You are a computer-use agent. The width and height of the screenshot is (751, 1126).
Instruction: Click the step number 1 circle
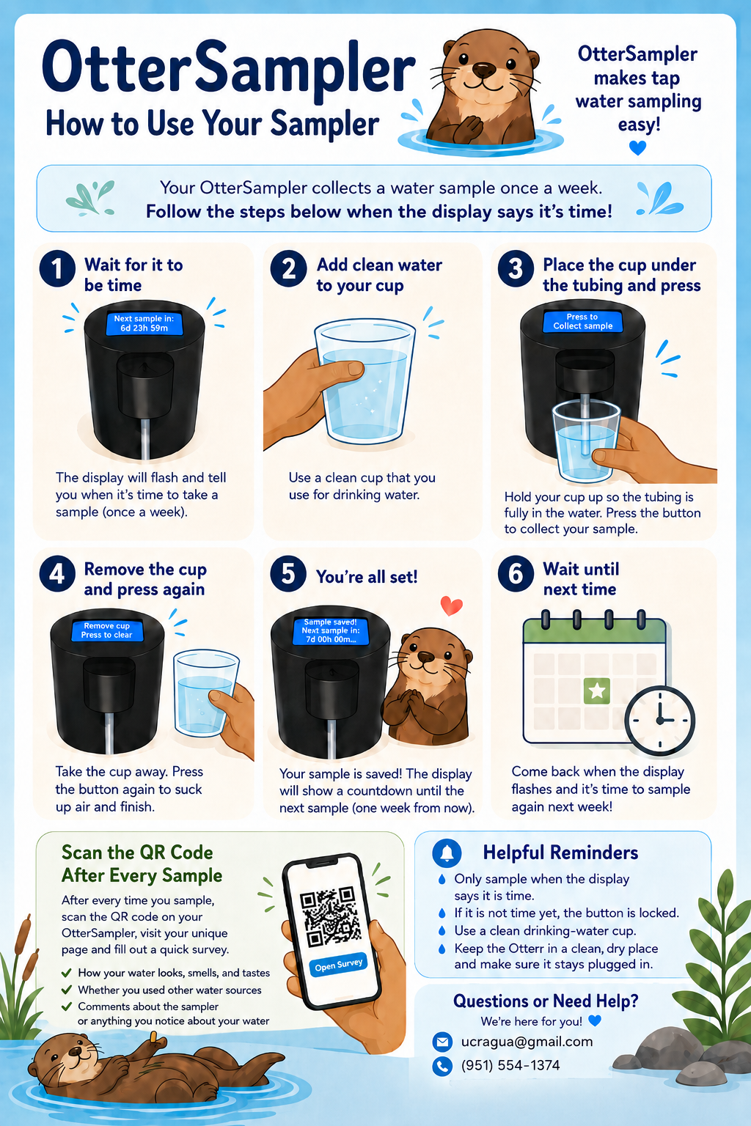pyautogui.click(x=57, y=269)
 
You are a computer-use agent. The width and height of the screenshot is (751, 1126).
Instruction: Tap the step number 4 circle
pyautogui.click(x=57, y=573)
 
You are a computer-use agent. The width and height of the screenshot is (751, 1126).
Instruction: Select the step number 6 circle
pyautogui.click(x=516, y=573)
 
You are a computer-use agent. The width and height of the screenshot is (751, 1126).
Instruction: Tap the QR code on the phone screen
pyautogui.click(x=331, y=917)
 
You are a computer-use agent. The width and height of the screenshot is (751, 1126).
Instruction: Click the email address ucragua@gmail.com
pyautogui.click(x=527, y=1041)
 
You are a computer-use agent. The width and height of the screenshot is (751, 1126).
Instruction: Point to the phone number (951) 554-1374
pyautogui.click(x=510, y=1065)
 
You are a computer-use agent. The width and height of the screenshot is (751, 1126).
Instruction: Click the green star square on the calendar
pyautogui.click(x=596, y=691)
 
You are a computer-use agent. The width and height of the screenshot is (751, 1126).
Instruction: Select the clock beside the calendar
pyautogui.click(x=659, y=721)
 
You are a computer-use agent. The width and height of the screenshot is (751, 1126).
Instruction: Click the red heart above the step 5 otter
pyautogui.click(x=451, y=606)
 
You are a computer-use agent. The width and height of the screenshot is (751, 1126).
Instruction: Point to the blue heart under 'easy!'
pyautogui.click(x=637, y=148)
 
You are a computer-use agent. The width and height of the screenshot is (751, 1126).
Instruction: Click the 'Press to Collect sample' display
pyautogui.click(x=583, y=321)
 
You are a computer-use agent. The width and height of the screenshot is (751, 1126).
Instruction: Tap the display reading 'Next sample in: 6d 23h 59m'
pyautogui.click(x=144, y=323)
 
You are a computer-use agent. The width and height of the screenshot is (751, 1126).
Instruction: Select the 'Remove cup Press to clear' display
pyautogui.click(x=107, y=630)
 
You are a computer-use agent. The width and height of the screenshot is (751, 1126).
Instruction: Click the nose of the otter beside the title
pyautogui.click(x=484, y=70)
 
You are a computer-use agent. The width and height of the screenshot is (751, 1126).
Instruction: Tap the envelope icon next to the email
pyautogui.click(x=442, y=1042)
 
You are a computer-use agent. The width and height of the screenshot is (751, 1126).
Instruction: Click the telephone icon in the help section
pyautogui.click(x=442, y=1066)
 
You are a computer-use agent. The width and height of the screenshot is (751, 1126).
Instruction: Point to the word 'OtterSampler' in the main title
pyautogui.click(x=229, y=70)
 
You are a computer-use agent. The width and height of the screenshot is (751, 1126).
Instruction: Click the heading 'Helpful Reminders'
pyautogui.click(x=560, y=853)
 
